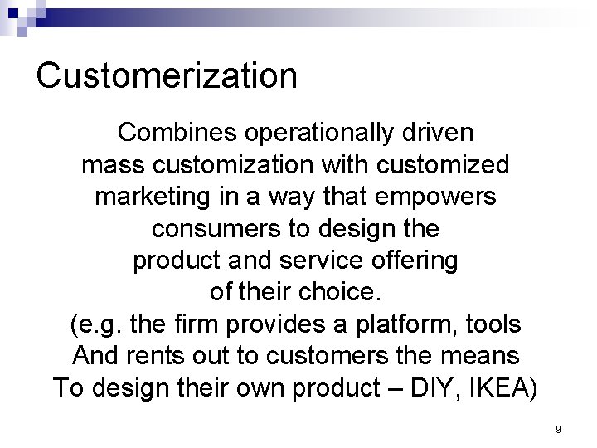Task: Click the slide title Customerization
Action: coord(167,75)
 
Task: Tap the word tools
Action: coord(493,324)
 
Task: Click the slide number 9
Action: coord(559,430)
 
